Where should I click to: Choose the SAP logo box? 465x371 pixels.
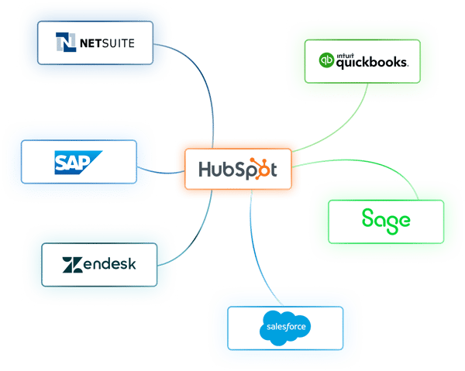(79, 161)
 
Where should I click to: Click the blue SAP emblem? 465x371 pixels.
(79, 162)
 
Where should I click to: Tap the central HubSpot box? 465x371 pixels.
(236, 168)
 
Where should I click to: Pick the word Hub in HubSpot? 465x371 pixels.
(214, 169)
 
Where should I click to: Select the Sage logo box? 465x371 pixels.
(386, 220)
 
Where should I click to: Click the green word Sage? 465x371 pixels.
(386, 220)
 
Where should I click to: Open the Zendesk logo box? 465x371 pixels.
(98, 264)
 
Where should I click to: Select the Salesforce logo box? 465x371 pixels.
(284, 327)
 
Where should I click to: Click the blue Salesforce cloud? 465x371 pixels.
(284, 327)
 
